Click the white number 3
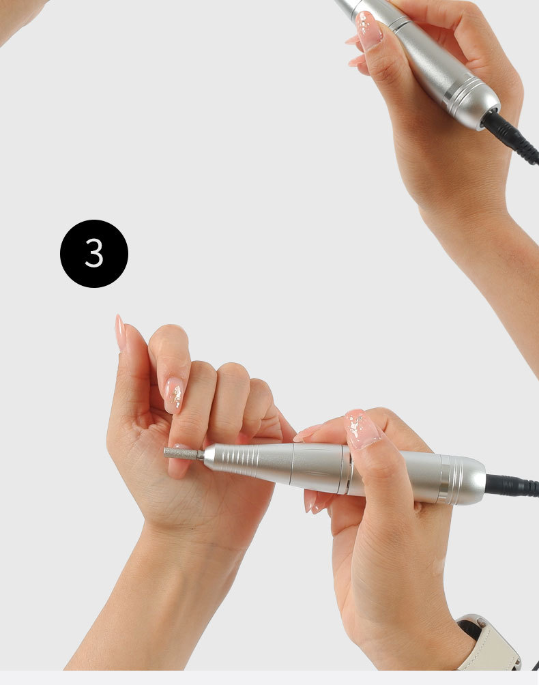point(94,253)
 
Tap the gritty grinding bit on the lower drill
point(180,453)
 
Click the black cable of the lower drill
point(512,486)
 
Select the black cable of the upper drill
point(511,135)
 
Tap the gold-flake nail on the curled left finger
point(174,395)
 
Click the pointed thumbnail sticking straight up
point(119,332)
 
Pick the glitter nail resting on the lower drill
point(362,429)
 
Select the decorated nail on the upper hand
point(369,30)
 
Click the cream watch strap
point(491,647)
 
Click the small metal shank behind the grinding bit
point(201,455)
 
